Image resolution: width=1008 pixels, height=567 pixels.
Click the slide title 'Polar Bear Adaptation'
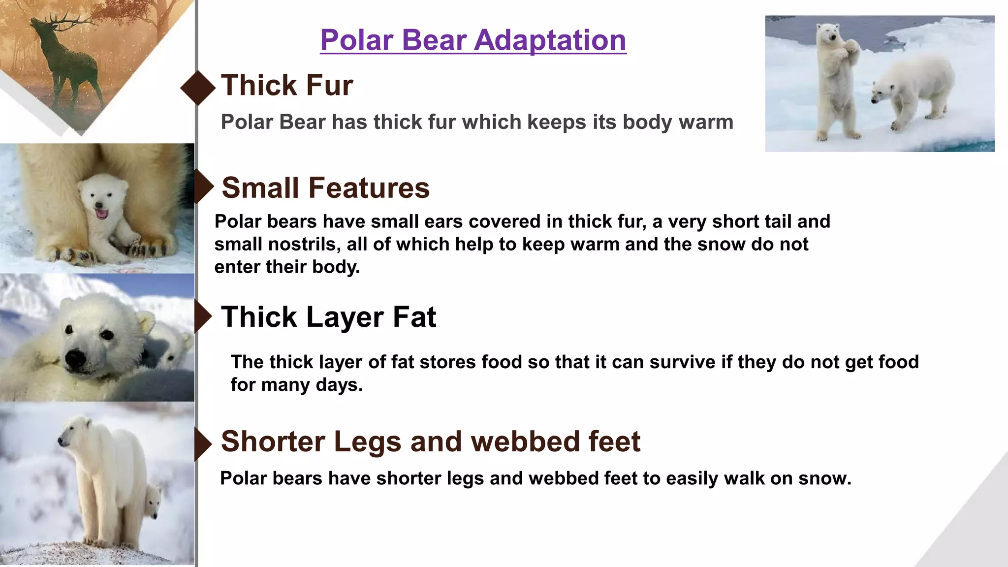(473, 40)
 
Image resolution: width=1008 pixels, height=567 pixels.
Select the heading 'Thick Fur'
(287, 85)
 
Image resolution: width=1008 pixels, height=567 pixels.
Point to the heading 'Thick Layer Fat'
(328, 316)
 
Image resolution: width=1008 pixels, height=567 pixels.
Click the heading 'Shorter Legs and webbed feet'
(430, 441)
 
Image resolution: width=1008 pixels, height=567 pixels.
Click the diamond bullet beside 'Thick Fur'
(198, 88)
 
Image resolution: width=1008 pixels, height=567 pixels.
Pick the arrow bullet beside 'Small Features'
(203, 187)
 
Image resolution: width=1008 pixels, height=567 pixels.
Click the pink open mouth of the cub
(101, 213)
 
